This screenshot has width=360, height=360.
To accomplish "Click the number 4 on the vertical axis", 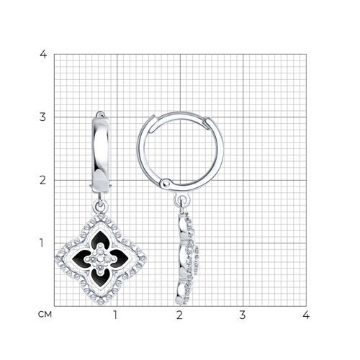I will click(x=44, y=55).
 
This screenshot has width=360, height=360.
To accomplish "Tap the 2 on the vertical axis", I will click(x=44, y=180).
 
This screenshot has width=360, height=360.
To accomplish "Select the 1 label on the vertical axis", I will click(x=44, y=243).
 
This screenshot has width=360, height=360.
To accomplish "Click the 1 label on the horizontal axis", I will click(x=116, y=315).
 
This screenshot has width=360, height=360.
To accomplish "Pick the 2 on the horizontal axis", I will click(x=179, y=315).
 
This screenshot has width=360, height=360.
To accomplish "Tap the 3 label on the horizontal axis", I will click(x=243, y=315).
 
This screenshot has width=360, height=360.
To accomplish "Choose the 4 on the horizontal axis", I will click(x=305, y=315).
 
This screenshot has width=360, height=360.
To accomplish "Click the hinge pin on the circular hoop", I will click(x=168, y=185).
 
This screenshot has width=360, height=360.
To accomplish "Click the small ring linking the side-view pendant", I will click(x=176, y=201).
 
